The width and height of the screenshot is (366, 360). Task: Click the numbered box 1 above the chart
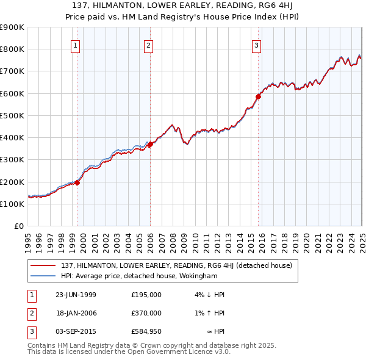pos(75,45)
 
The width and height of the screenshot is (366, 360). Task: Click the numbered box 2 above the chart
pos(148,45)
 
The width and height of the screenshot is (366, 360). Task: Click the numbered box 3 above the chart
pos(256,45)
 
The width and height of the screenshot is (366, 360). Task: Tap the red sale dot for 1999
pos(77,182)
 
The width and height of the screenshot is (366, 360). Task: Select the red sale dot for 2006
pos(150,144)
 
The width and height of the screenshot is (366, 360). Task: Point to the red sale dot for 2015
pos(258,96)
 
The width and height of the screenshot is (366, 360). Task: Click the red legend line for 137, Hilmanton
pos(43,265)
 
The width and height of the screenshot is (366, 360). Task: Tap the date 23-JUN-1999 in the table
pos(76,295)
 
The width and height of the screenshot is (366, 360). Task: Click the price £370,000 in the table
pos(146,313)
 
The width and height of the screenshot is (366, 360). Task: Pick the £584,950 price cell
pos(146,331)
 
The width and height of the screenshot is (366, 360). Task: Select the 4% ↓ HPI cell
pos(210,295)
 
